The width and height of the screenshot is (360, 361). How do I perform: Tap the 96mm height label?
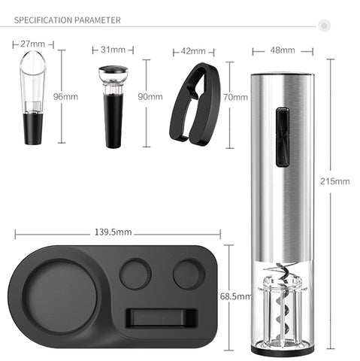(x=71, y=97)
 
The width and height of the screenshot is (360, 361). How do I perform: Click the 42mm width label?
(x=193, y=51)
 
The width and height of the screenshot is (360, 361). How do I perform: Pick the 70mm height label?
(x=235, y=97)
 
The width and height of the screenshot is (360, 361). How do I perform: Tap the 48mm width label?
(x=282, y=50)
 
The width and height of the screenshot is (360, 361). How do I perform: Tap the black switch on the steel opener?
(x=282, y=136)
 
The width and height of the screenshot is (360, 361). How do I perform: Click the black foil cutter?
(x=194, y=105)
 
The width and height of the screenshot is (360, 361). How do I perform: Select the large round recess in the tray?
(x=62, y=296)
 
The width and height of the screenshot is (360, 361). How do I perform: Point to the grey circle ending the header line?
(x=325, y=26)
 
